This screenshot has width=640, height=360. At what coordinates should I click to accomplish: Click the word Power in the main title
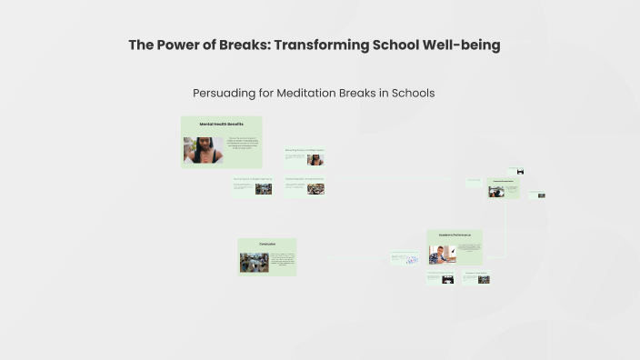(177, 45)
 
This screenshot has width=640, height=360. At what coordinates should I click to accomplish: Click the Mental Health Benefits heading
(221, 124)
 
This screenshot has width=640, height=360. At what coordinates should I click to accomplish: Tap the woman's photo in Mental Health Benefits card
(203, 149)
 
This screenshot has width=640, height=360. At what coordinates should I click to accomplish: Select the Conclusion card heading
(266, 244)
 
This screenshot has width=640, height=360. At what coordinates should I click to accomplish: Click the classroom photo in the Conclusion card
(254, 262)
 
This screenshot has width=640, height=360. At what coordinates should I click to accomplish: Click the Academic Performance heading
(455, 235)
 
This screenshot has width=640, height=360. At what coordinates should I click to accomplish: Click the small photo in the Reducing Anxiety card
(315, 160)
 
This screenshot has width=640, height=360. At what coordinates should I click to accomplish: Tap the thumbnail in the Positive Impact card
(264, 188)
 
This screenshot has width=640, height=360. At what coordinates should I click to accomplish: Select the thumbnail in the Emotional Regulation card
(315, 188)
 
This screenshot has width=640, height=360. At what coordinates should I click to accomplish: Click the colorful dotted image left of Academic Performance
(411, 260)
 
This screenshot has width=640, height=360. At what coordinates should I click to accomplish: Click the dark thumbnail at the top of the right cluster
(520, 172)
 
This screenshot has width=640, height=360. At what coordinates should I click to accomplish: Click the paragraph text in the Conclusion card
(281, 261)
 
